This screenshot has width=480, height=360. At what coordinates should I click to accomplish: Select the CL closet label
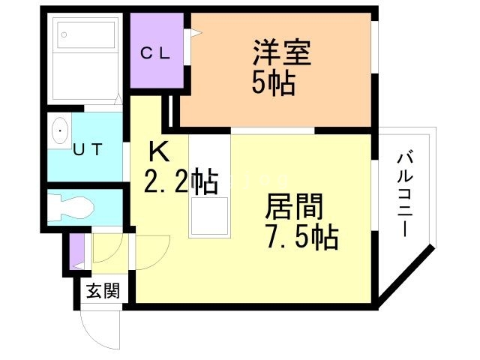(157, 53)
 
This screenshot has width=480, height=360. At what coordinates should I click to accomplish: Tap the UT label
(89, 148)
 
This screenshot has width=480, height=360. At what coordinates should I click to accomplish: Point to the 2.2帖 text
(181, 181)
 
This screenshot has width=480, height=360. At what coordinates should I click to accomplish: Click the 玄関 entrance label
(100, 290)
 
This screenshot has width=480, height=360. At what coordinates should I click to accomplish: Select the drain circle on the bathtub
(64, 34)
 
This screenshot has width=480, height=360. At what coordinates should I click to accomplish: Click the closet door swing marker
(194, 33)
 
